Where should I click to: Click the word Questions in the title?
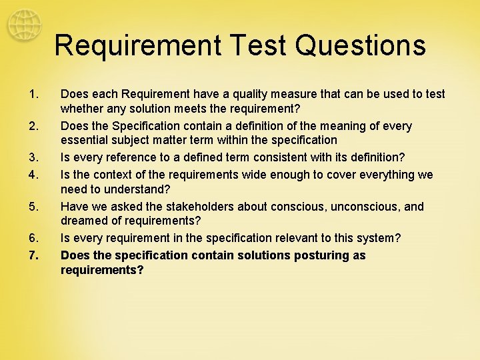pos(361,46)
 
